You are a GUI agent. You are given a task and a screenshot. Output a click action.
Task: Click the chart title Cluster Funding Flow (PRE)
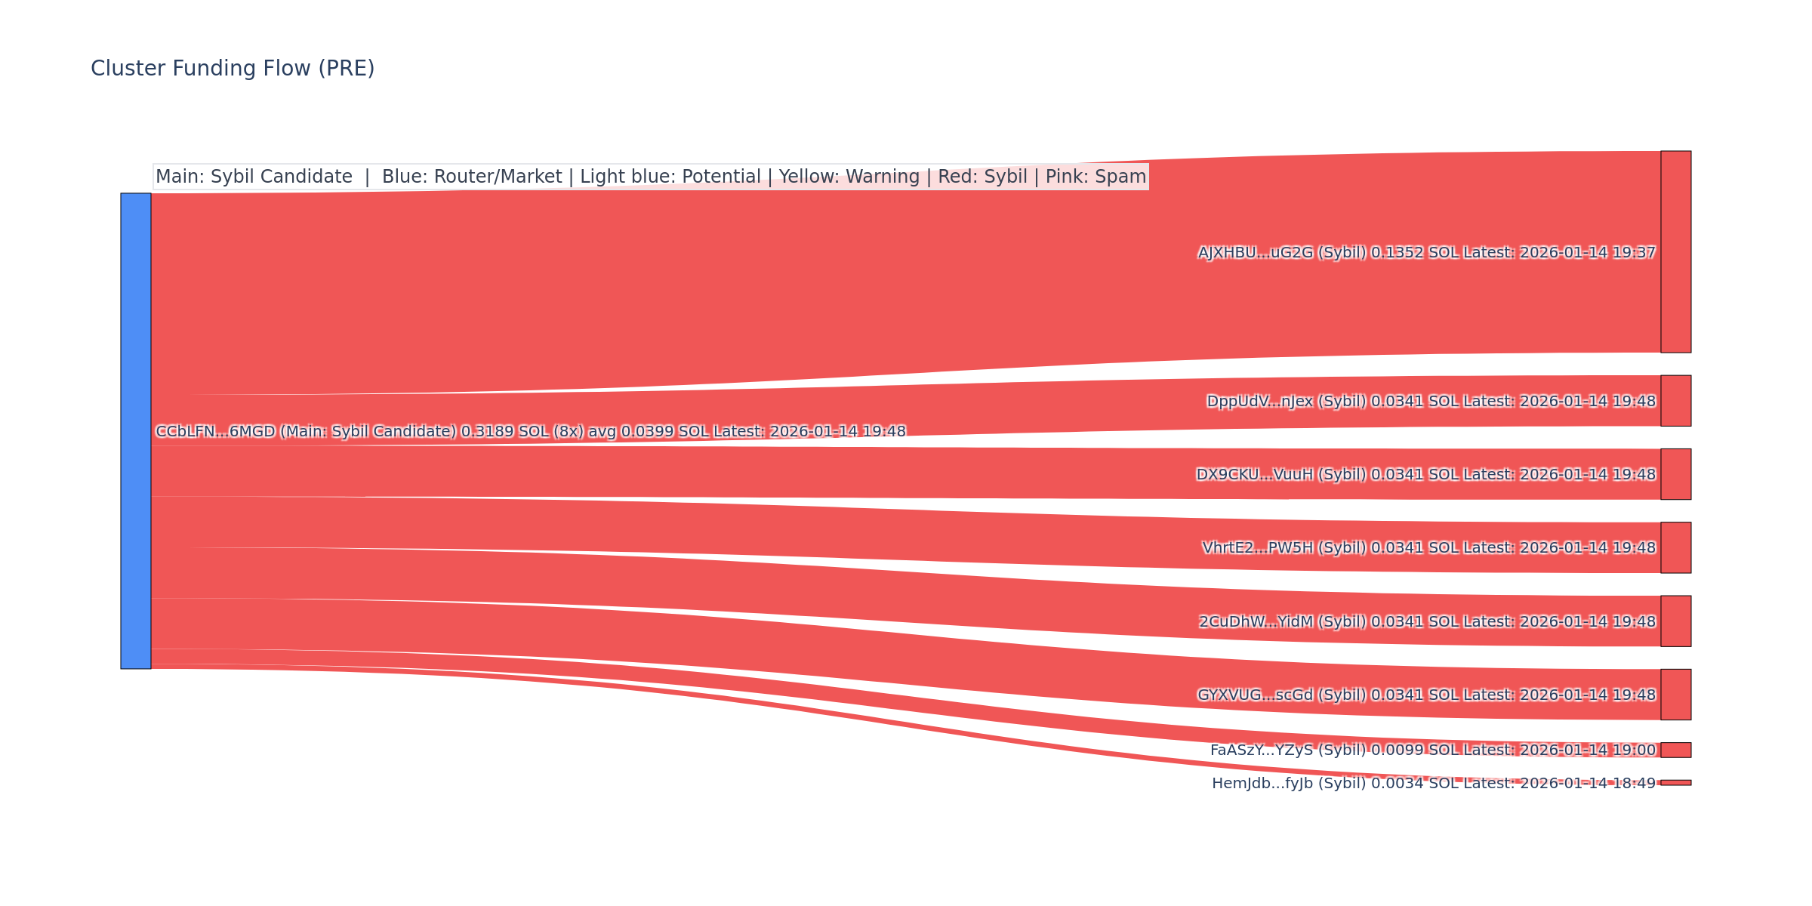pos(233,69)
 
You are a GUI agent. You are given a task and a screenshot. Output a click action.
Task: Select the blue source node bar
pos(136,430)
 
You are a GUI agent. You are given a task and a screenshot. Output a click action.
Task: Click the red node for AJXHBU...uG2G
pos(1675,251)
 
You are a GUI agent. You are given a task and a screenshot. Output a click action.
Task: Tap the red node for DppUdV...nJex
pos(1675,401)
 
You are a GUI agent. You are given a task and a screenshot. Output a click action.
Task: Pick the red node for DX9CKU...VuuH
pos(1675,474)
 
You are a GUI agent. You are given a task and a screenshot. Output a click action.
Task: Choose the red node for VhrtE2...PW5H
pos(1675,547)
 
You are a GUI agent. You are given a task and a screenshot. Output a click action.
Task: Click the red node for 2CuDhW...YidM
pos(1675,621)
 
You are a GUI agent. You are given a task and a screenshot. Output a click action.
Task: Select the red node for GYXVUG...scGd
pos(1675,695)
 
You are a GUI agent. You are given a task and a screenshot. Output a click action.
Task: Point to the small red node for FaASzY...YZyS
pos(1675,750)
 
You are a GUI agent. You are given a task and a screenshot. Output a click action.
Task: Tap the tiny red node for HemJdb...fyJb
pos(1675,783)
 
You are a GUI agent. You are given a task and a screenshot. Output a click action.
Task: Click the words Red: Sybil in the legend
pos(982,177)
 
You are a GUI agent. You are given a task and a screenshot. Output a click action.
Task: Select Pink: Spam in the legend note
pos(1096,177)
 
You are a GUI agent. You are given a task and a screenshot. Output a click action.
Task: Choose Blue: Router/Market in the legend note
pos(472,177)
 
